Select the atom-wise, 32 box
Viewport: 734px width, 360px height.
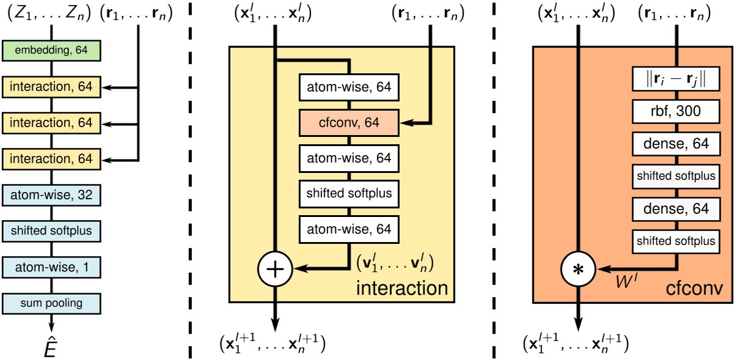point(51,196)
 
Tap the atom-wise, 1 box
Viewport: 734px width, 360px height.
point(51,267)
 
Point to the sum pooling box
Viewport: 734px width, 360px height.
point(51,303)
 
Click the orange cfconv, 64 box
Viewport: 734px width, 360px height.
point(348,123)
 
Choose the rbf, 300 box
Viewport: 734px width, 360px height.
point(676,111)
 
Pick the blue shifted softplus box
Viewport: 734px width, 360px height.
point(51,231)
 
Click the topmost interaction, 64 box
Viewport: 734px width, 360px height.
point(51,87)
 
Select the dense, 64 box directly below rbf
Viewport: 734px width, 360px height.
point(676,144)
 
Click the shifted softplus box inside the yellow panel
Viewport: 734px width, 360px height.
point(348,194)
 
